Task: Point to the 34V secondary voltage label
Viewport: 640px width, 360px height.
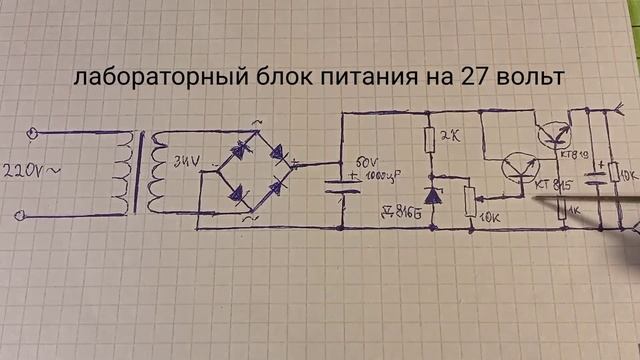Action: [185, 157]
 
